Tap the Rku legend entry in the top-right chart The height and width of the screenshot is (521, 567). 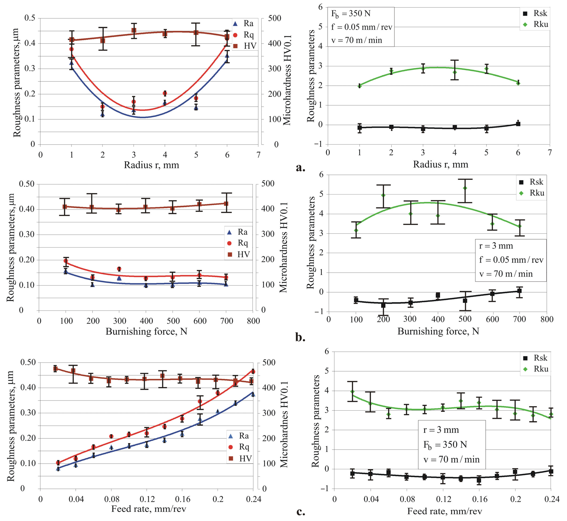coord(535,25)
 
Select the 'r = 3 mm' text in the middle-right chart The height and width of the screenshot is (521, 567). coord(496,246)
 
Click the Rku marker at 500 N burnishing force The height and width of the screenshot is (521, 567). coord(465,188)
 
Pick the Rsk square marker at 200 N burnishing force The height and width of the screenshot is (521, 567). coord(383,305)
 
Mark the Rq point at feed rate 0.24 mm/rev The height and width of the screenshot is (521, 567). coord(253,372)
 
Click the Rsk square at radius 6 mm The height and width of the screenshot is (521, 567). coord(518,124)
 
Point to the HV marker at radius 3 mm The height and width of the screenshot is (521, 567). coord(134,30)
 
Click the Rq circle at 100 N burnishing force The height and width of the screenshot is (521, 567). coord(66,260)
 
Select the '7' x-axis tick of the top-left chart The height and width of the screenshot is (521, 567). coord(258,155)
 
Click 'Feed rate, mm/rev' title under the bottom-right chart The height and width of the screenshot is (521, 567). coord(445,511)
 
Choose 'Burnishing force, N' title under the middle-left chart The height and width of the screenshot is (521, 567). coord(146,332)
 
